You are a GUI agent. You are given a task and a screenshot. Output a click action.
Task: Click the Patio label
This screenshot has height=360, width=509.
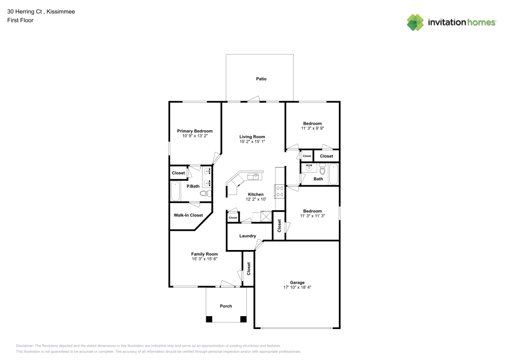point(261,79)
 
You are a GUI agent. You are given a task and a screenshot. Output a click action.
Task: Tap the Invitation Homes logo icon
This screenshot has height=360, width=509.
point(415,22)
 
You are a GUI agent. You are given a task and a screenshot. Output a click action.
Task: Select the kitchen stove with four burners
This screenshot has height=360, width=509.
point(279,191)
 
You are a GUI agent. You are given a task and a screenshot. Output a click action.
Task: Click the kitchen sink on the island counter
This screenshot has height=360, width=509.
point(253,176)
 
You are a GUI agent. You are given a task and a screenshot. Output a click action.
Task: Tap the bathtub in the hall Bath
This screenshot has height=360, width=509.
point(334,174)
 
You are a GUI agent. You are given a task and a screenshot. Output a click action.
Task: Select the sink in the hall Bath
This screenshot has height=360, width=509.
point(308,168)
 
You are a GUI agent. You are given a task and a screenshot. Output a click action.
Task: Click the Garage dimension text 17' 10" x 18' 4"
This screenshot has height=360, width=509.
point(297,287)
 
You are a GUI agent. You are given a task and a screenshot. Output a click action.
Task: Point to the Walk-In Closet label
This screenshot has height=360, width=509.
point(188,215)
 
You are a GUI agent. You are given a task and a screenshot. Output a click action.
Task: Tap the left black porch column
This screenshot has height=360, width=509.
point(209,319)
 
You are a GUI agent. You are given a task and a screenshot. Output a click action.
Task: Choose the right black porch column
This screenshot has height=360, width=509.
point(243,319)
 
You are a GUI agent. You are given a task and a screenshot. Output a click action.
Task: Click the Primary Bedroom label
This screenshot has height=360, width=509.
point(195,131)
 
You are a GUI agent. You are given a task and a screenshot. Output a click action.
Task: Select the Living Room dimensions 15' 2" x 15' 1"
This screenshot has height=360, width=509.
point(252,142)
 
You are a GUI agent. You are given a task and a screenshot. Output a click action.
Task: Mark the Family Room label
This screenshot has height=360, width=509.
point(205,254)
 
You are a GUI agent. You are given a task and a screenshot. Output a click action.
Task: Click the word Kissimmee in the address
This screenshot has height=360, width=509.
point(61,12)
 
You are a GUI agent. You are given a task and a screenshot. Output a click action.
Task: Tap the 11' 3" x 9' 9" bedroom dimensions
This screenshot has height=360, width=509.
point(313,129)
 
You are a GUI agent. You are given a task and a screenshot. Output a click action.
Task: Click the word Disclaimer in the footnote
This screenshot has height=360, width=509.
point(24,345)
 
